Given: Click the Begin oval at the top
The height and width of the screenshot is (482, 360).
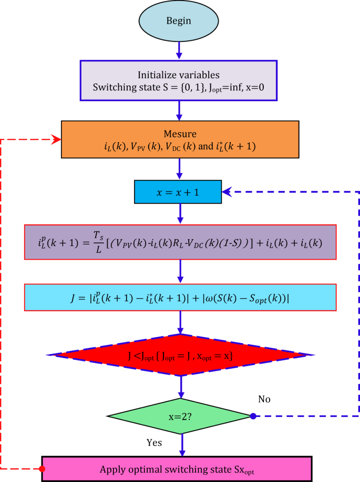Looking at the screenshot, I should click(x=179, y=21).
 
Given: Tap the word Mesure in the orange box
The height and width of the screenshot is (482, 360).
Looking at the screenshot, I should click(x=180, y=133).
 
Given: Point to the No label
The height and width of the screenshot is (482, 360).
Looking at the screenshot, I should click(x=264, y=399).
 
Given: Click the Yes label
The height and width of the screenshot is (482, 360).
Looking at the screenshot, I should click(x=154, y=442).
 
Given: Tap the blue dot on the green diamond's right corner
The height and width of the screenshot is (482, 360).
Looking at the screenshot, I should click(x=253, y=416).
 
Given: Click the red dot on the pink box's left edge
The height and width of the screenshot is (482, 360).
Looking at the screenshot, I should click(x=42, y=468).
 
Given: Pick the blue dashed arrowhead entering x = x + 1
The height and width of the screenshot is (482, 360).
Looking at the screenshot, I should click(x=227, y=192).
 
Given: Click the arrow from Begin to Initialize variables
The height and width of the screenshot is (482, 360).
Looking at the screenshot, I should click(x=180, y=49).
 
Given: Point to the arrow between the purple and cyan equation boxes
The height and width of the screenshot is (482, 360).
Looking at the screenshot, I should click(x=180, y=272).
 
